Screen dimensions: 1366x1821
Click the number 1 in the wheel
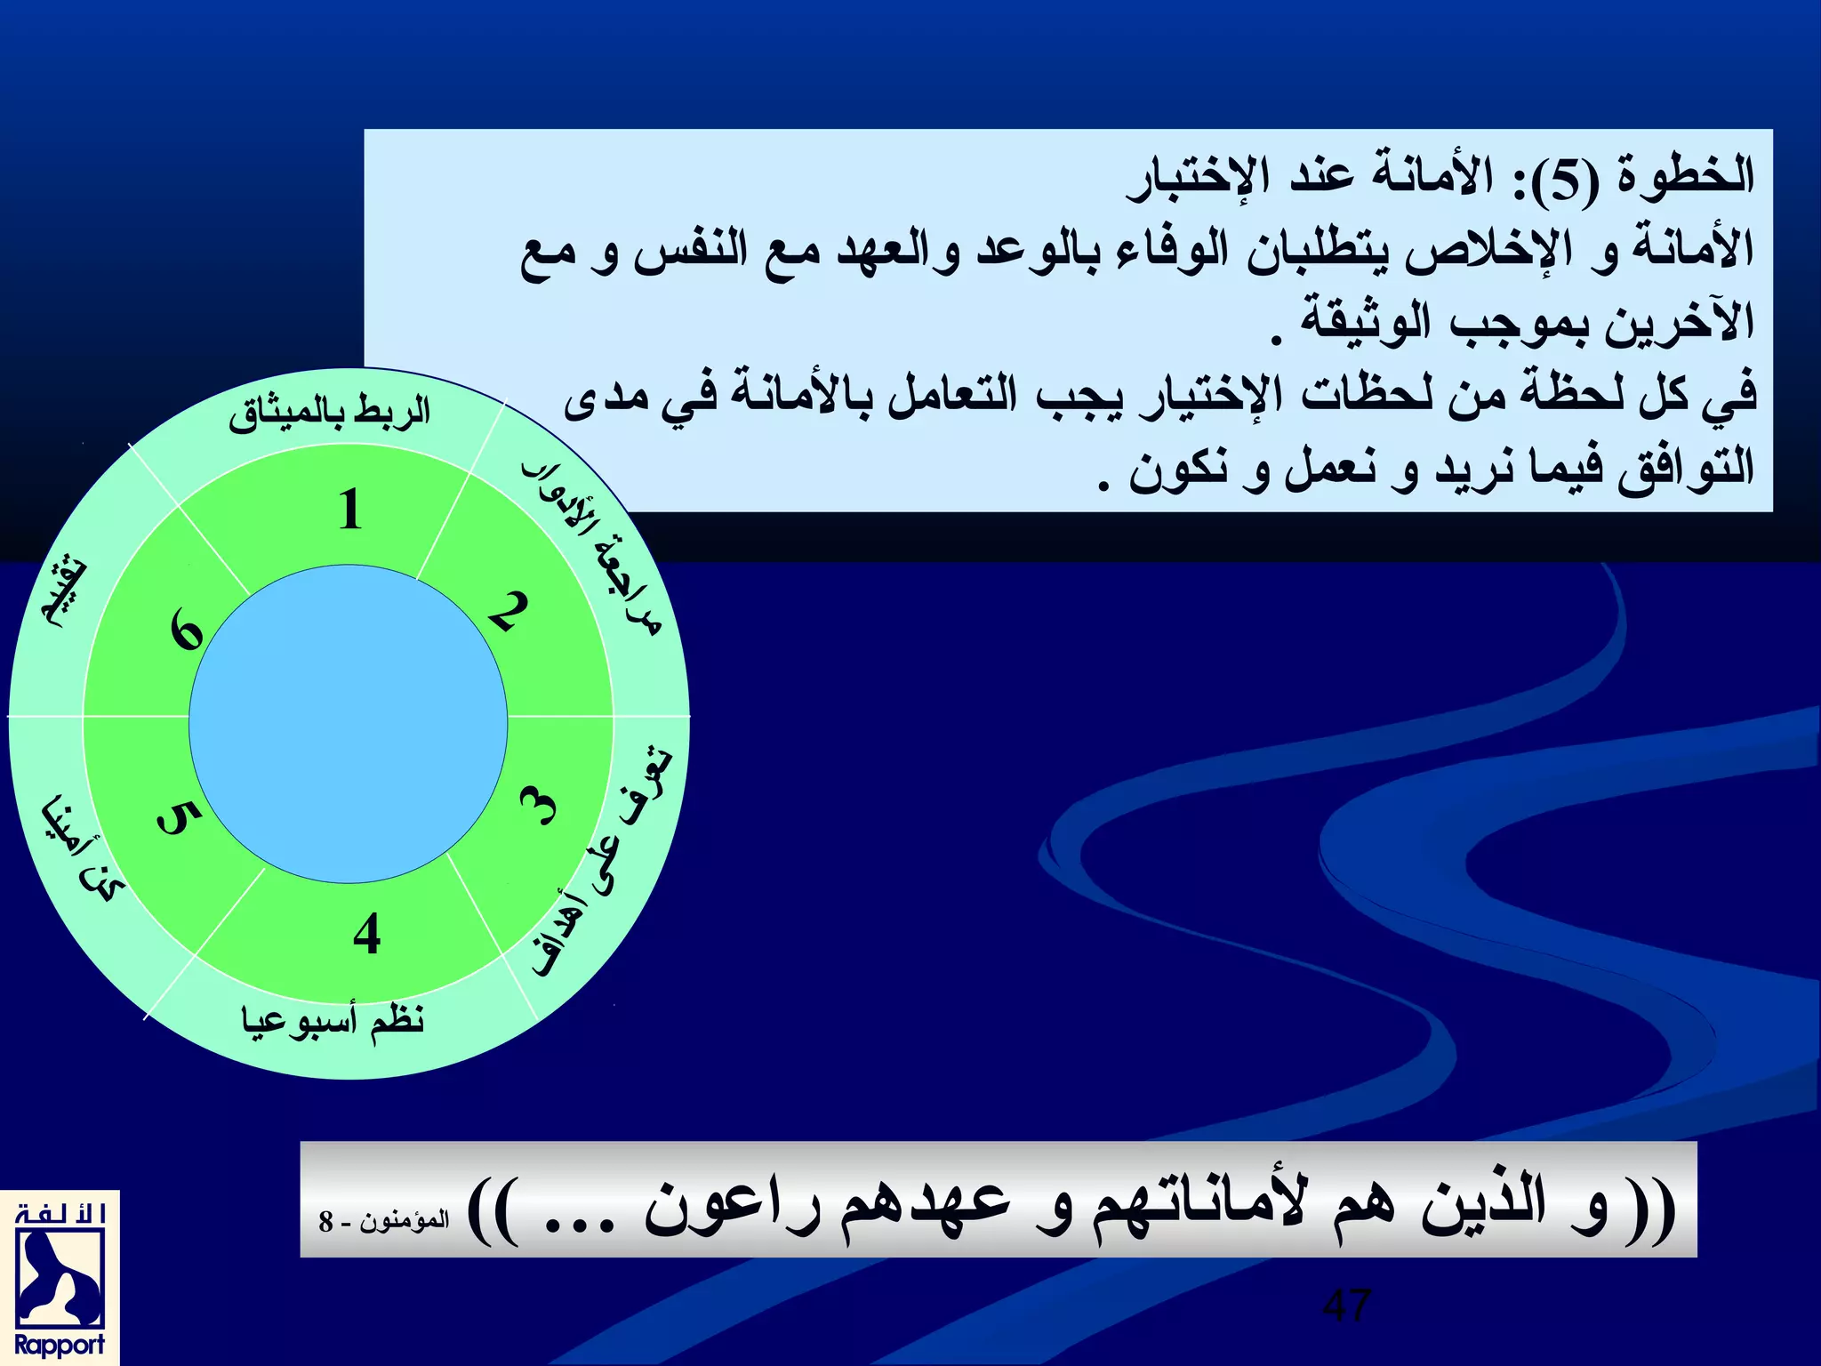click(350, 510)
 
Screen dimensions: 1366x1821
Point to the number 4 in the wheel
click(366, 934)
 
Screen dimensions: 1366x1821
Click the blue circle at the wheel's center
click(349, 724)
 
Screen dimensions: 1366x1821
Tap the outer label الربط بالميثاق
click(329, 413)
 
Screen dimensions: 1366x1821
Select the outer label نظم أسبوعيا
click(333, 1019)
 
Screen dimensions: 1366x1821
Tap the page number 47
click(1347, 1306)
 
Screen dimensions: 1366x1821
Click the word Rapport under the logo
click(60, 1344)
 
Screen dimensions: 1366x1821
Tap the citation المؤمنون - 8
click(384, 1220)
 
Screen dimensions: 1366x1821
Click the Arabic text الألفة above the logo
click(60, 1215)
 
